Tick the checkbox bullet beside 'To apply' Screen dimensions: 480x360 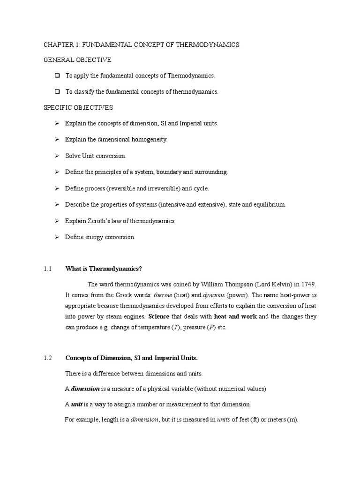pos(57,75)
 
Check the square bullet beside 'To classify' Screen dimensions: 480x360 pos(57,91)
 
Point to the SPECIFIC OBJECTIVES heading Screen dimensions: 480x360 pos(78,107)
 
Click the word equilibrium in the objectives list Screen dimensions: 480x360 pos(269,205)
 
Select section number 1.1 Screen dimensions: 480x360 pos(47,269)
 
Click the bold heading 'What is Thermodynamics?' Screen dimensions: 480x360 pos(103,269)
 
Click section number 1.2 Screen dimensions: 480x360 pos(47,358)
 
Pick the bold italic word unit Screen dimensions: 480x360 pos(77,404)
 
